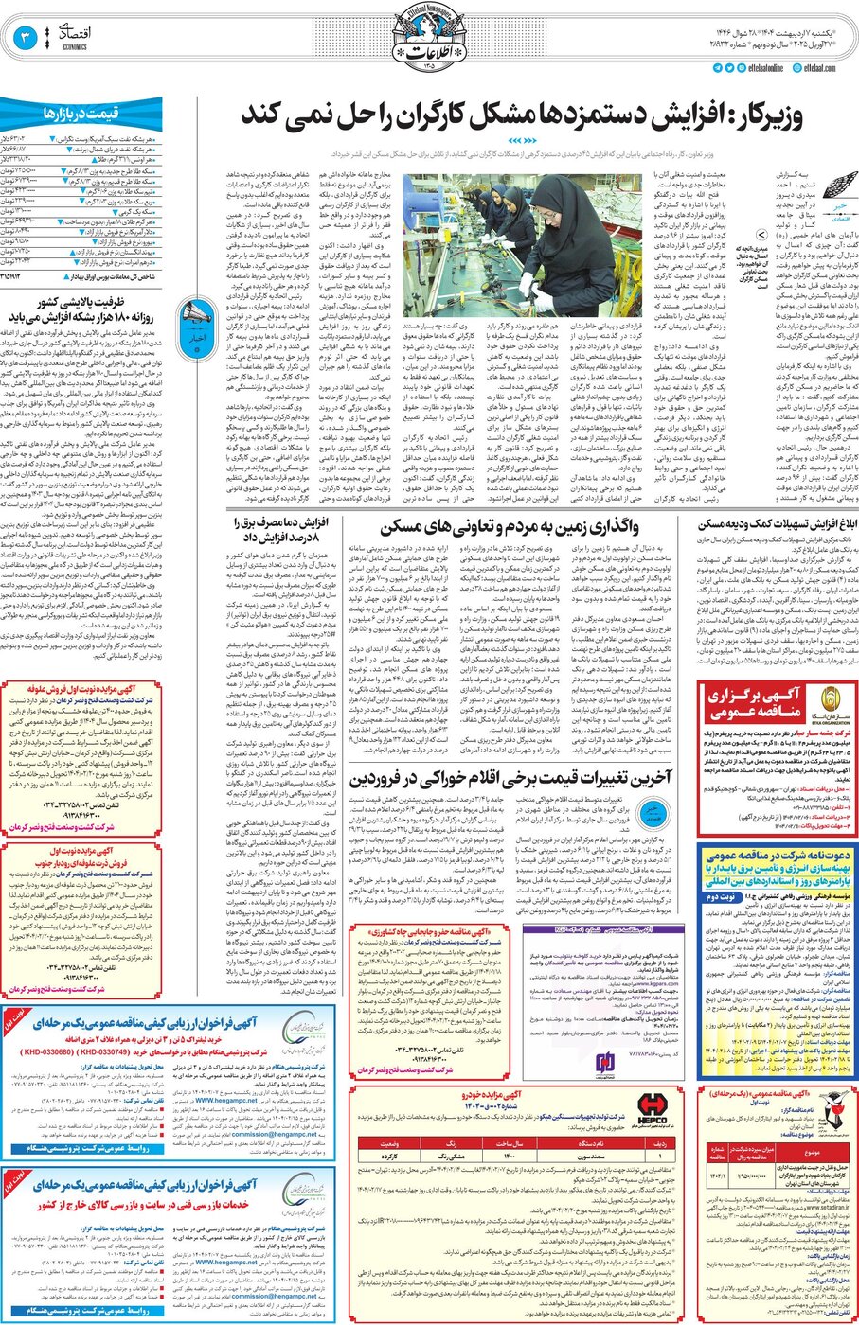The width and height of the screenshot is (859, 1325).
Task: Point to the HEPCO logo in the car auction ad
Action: click(x=651, y=1106)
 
